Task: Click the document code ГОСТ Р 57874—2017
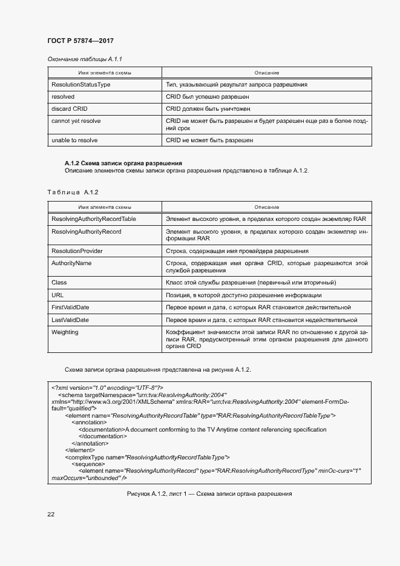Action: point(80,41)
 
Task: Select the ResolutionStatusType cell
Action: point(81,85)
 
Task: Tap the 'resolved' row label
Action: point(64,96)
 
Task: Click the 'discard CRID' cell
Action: point(70,108)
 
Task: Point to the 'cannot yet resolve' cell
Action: point(76,121)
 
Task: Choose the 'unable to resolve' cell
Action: point(75,140)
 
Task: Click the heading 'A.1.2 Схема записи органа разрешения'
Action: point(123,163)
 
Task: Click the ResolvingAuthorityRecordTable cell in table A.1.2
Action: point(94,219)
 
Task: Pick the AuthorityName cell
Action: point(72,263)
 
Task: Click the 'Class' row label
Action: point(59,283)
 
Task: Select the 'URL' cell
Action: point(58,295)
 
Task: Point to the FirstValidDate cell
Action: point(71,308)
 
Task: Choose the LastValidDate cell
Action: point(70,320)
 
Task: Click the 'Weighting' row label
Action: point(65,332)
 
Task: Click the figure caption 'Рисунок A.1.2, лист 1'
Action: point(209,493)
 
